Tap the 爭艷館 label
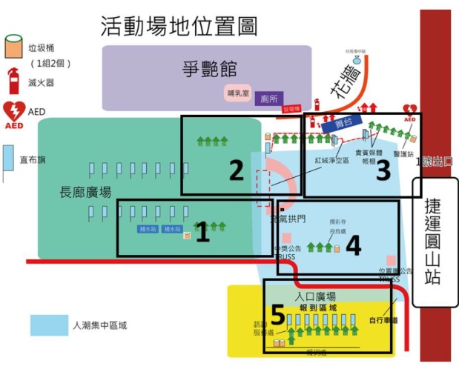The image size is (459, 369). [x=209, y=70]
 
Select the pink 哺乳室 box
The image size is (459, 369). [x=237, y=93]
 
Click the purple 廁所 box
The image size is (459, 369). [x=268, y=99]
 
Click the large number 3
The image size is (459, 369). [x=383, y=171]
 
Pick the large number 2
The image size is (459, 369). [x=236, y=171]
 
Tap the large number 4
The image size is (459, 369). [x=354, y=245]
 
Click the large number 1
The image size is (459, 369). [x=202, y=235]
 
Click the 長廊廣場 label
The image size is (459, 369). [x=85, y=193]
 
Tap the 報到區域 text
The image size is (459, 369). [x=317, y=307]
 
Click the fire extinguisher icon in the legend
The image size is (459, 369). [x=13, y=79]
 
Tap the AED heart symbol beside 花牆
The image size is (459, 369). [x=409, y=112]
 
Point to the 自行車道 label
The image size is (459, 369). [x=383, y=321]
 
